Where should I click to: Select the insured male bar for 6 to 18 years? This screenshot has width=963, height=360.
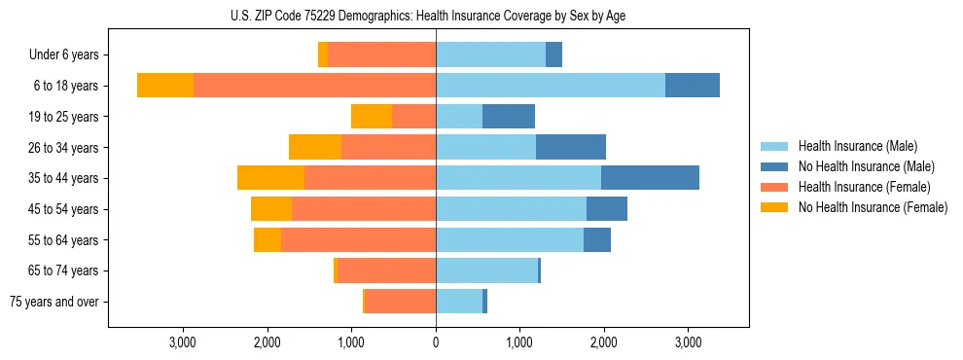point(551,85)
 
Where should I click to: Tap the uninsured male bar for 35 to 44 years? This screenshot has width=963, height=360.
point(650,177)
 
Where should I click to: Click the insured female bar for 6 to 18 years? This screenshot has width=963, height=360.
point(314,85)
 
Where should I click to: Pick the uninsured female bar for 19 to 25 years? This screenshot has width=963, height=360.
point(372,116)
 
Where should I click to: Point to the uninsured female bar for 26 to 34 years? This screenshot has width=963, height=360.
point(315,147)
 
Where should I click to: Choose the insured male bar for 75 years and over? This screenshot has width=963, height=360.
point(459,302)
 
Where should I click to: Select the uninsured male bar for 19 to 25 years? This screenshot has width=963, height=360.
point(509,116)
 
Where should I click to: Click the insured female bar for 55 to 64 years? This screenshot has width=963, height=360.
point(358,239)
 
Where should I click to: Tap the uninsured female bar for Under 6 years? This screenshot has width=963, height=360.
point(323,54)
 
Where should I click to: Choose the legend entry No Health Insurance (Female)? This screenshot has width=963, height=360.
point(873,207)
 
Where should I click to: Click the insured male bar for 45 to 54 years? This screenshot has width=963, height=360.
point(511,208)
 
